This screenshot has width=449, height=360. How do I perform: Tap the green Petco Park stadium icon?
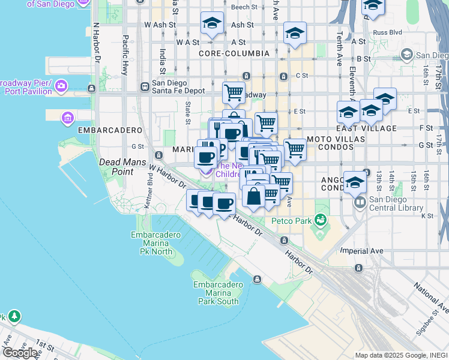click(322, 220)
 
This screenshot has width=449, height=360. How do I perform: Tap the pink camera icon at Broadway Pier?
click(61, 88)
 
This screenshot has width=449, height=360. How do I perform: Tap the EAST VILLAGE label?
click(375, 128)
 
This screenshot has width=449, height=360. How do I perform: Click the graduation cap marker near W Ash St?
click(211, 23)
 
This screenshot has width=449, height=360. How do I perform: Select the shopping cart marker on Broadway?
click(234, 92)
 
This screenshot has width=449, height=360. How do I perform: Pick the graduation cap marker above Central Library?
click(355, 181)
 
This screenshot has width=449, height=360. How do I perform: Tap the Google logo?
click(20, 352)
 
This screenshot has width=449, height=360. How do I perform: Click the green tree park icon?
click(14, 316)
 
